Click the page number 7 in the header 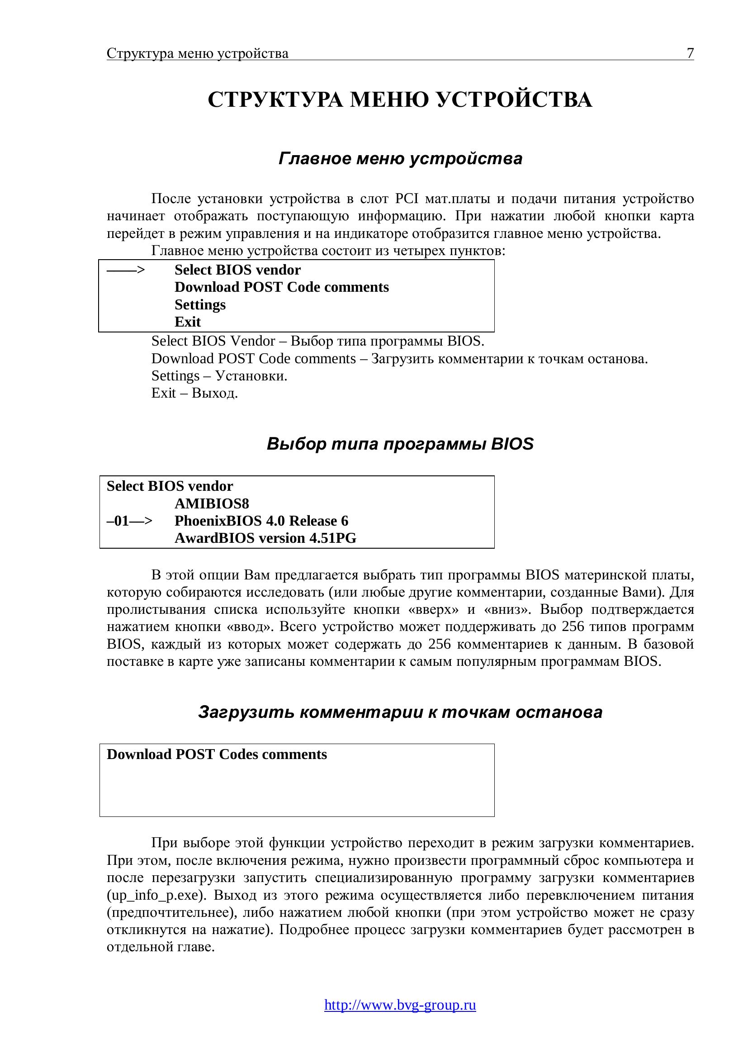point(690,53)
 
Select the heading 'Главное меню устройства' point(400,158)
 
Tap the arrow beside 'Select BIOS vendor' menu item point(126,270)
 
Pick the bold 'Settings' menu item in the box point(200,304)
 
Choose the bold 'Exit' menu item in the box point(188,322)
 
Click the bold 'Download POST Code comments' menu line point(281,287)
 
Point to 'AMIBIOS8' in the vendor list point(211,503)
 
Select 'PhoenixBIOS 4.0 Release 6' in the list point(261,521)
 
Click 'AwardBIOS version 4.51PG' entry point(265,538)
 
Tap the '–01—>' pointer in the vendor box point(129,521)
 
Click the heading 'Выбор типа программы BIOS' point(400,444)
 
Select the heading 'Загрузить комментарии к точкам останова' point(400,712)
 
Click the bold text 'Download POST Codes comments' point(217,754)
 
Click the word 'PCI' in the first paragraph point(407,199)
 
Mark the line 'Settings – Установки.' point(219,375)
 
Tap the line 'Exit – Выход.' point(194,393)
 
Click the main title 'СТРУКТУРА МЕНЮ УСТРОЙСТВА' point(400,100)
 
